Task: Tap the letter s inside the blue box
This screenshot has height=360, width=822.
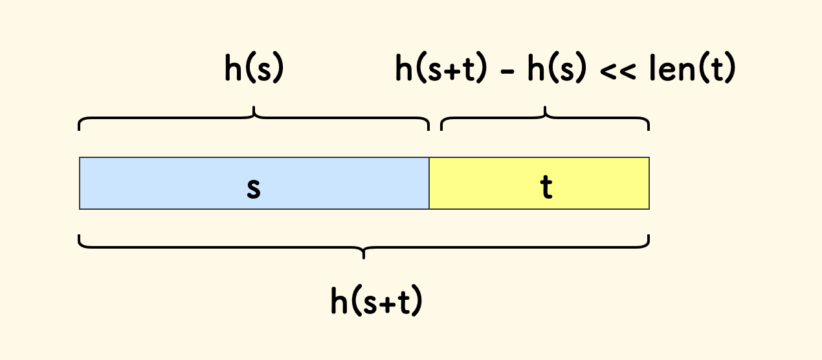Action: pos(254,188)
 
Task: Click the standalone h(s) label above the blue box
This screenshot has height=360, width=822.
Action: pos(254,69)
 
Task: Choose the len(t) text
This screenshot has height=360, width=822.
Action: pos(693,69)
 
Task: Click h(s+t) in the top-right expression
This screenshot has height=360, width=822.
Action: pos(440,69)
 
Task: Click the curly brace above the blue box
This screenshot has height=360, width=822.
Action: pos(162,119)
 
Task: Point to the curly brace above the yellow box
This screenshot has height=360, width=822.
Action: pos(595,119)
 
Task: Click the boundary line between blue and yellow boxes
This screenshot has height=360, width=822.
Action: pos(429,183)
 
